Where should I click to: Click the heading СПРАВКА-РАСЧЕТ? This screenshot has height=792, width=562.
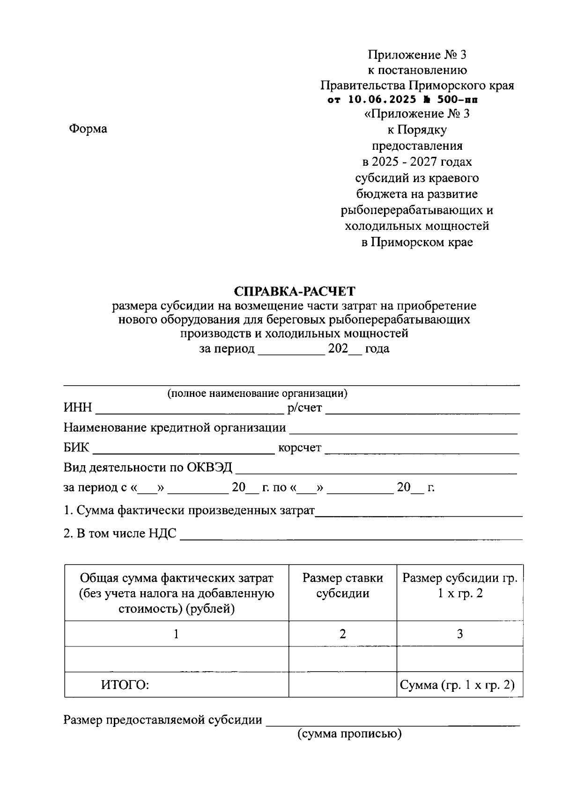click(x=295, y=291)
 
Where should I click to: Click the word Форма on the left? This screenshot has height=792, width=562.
click(x=88, y=129)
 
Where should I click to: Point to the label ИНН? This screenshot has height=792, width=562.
click(x=78, y=408)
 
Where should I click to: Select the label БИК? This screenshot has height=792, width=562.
click(x=76, y=447)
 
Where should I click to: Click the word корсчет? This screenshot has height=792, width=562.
click(x=300, y=448)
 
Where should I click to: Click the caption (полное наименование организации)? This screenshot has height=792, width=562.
click(x=258, y=393)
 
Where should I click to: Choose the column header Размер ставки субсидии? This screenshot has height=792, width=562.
click(x=342, y=586)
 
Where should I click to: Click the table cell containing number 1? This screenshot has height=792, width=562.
click(x=176, y=634)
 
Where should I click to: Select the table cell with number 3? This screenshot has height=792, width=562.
click(x=459, y=634)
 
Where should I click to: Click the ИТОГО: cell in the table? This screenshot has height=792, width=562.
click(x=125, y=685)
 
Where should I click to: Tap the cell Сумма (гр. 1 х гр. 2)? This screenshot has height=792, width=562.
click(x=457, y=685)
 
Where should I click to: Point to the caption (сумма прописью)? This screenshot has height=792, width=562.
click(x=349, y=733)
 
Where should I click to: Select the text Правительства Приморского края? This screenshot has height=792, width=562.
click(x=417, y=86)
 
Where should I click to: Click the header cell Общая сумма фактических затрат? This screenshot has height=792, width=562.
click(x=176, y=593)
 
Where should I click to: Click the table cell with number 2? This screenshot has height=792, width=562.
click(x=342, y=634)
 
